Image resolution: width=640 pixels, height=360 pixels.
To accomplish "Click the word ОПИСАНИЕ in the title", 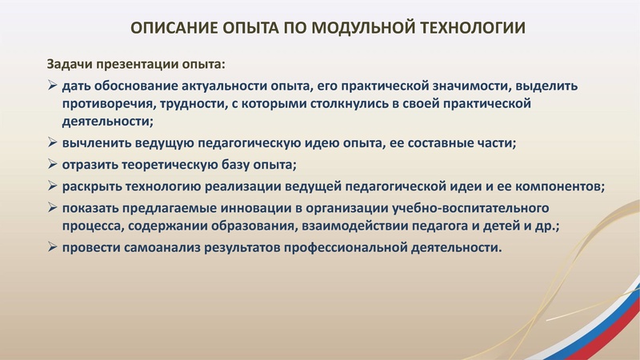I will click(x=167, y=29).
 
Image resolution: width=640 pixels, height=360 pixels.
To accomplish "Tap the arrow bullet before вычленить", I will click(x=51, y=145).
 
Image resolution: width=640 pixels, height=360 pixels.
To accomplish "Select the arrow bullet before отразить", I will click(x=51, y=166).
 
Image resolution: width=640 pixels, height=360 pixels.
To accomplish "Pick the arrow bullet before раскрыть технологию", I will click(x=51, y=187).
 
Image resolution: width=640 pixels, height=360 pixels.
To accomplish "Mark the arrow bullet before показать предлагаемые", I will click(x=51, y=208).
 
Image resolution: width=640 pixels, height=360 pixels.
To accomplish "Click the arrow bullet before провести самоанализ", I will click(x=51, y=248).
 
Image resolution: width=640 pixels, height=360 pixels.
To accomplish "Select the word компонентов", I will click(x=560, y=187).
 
